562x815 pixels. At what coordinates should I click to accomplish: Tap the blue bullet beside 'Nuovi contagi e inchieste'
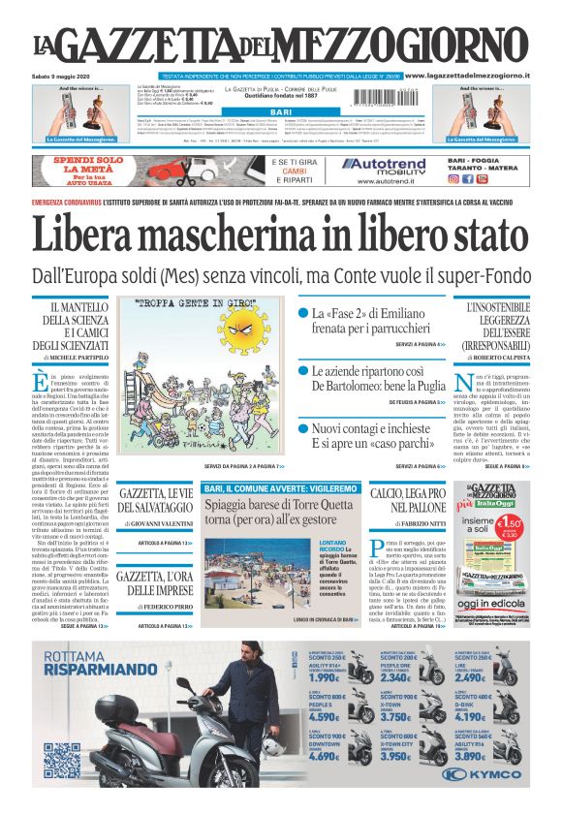(x=302, y=427)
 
